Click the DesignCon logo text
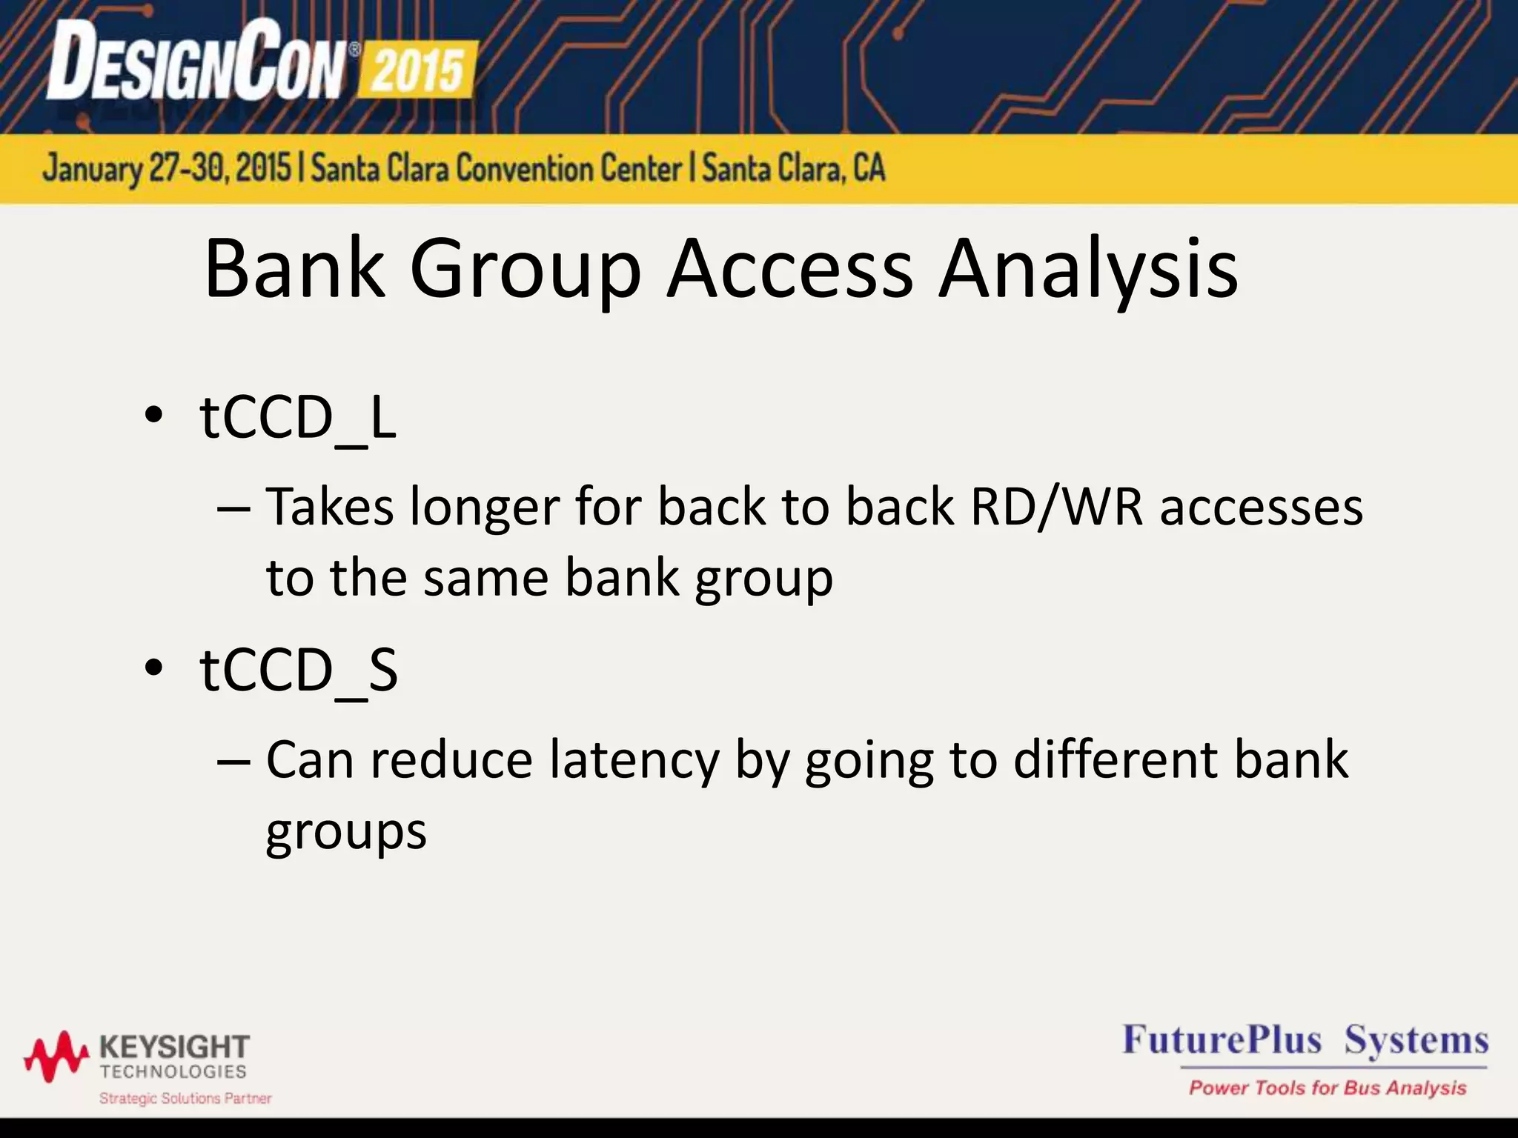pos(196,61)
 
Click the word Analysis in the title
pos(1088,270)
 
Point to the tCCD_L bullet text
pos(298,419)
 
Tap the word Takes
pos(330,508)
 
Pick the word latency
pos(634,761)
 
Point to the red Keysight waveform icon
pos(56,1055)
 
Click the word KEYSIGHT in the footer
pos(174,1048)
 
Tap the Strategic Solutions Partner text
pos(185,1098)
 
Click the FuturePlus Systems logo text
pos(1305,1040)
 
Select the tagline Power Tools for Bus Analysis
pos(1328,1088)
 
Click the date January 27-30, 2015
pos(167,169)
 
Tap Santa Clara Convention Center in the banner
pos(496,169)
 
